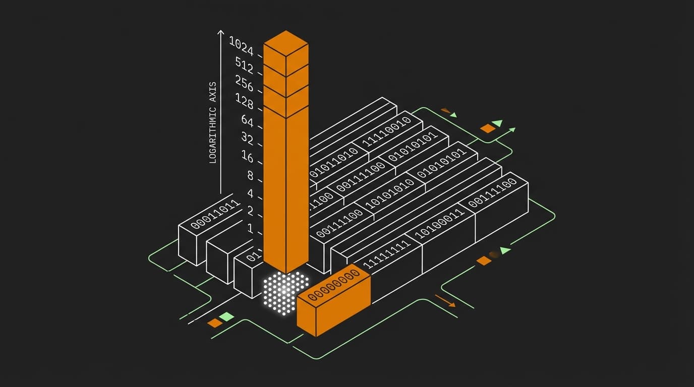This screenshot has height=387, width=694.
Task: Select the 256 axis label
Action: pos(244,83)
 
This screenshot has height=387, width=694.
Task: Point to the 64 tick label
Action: pos(247,120)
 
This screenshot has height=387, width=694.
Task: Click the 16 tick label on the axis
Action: pos(247,157)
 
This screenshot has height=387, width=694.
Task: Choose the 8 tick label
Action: pos(250,175)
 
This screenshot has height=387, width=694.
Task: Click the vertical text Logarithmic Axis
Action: pos(212,122)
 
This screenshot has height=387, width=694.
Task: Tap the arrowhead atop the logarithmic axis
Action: pos(220,33)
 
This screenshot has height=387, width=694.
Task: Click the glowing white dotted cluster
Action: pos(285,292)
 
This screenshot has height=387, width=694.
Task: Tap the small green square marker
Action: pos(227,317)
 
